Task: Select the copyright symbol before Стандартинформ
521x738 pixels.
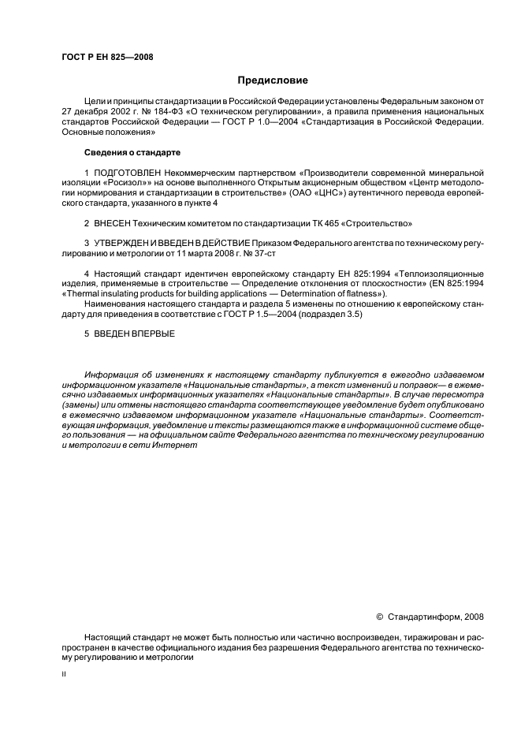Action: click(x=381, y=616)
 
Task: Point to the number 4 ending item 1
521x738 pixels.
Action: click(x=194, y=203)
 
